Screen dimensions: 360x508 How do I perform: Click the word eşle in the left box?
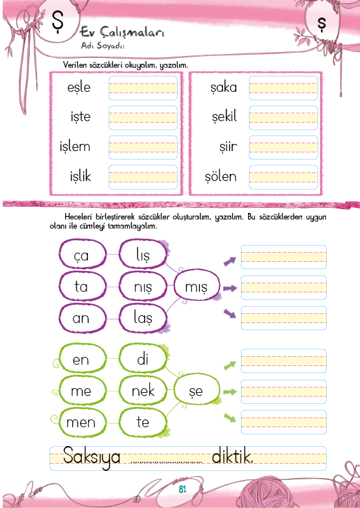pyautogui.click(x=79, y=87)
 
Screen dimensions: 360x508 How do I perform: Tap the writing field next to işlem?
pyautogui.click(x=143, y=147)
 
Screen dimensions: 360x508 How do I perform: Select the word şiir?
pyautogui.click(x=228, y=147)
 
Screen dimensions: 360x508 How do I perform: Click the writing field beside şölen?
pyautogui.click(x=283, y=177)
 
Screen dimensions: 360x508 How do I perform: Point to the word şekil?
pyautogui.click(x=225, y=117)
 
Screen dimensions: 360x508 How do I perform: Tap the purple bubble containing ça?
pyautogui.click(x=83, y=254)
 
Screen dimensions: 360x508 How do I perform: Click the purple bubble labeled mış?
pyautogui.click(x=197, y=286)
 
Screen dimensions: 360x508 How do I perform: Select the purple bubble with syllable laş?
pyautogui.click(x=143, y=318)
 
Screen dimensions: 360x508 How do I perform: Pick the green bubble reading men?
pyautogui.click(x=83, y=422)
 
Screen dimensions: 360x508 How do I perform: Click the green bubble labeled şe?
pyautogui.click(x=197, y=390)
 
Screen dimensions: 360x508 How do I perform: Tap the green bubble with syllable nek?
pyautogui.click(x=143, y=391)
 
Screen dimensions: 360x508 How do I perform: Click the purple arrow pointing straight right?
pyautogui.click(x=230, y=288)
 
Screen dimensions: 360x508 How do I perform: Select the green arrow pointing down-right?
pyautogui.click(x=230, y=417)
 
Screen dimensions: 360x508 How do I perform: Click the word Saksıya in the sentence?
pyautogui.click(x=92, y=457)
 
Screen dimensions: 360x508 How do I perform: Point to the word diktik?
pyautogui.click(x=232, y=457)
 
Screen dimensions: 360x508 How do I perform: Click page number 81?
pyautogui.click(x=182, y=489)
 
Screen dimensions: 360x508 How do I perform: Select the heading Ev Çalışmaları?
pyautogui.click(x=122, y=32)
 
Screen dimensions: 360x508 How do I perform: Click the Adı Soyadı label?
pyautogui.click(x=103, y=46)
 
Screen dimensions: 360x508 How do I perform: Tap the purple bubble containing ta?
pyautogui.click(x=83, y=286)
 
